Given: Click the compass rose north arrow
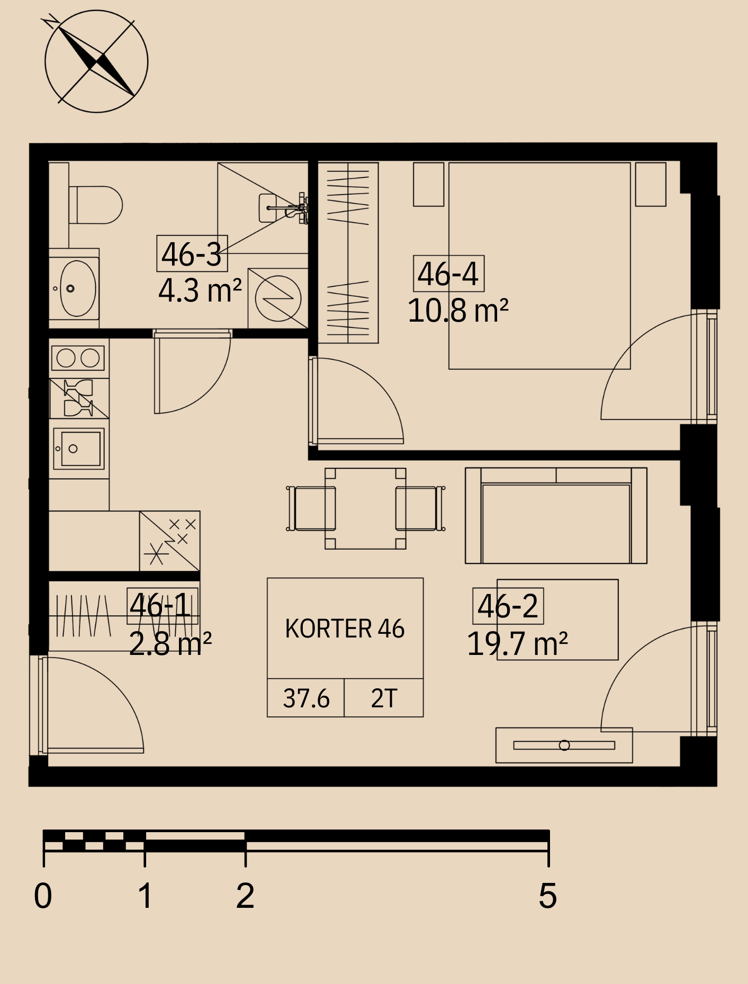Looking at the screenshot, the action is (x=96, y=61).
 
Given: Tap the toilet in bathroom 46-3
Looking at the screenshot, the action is (x=95, y=204).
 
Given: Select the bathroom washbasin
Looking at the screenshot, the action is (x=78, y=288).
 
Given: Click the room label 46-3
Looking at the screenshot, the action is (x=192, y=253).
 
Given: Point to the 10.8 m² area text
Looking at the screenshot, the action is (x=458, y=310).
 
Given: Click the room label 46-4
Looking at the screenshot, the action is (x=448, y=274).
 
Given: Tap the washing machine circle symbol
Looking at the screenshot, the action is (x=278, y=298).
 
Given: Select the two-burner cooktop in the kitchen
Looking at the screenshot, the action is (x=78, y=358).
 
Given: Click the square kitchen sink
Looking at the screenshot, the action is (x=79, y=449).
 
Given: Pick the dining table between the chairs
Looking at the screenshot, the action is (x=365, y=508).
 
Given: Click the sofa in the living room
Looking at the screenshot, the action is (x=556, y=515).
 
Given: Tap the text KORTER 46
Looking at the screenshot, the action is (x=345, y=628).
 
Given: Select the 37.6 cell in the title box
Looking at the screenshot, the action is (x=306, y=698).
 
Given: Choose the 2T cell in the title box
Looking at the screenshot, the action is (x=384, y=698).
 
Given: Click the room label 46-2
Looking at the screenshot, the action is (x=508, y=606).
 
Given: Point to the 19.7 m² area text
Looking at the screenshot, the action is (x=517, y=643).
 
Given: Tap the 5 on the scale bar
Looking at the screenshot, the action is (x=548, y=896).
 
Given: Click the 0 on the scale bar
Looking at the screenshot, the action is (x=43, y=896).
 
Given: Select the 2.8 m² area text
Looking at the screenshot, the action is (x=170, y=643).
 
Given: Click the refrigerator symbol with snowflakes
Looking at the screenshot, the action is (x=170, y=541).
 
